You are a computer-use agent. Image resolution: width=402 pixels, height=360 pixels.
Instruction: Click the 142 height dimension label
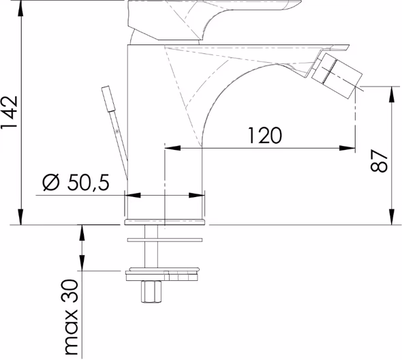pos(10,112)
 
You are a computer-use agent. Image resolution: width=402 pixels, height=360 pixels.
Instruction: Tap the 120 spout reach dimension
pos(265,135)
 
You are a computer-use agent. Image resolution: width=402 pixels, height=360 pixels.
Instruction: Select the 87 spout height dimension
pos(379,161)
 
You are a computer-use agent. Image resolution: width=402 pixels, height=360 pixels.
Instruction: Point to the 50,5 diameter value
pos(88,183)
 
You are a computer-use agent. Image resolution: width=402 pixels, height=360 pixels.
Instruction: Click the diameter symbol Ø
pos(51,183)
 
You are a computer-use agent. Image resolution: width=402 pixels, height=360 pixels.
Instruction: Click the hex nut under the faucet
pos(151,292)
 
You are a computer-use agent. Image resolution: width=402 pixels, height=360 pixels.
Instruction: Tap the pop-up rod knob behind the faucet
pos(108,99)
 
